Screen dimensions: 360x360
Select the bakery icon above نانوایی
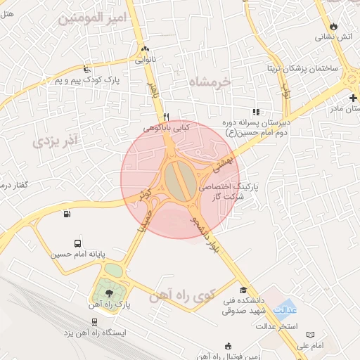[146, 49]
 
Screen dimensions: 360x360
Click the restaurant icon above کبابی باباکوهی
[166, 117]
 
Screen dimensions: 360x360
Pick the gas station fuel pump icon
[67, 214]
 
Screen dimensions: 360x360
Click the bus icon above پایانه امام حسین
[77, 241]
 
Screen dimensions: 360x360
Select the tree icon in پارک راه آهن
[108, 290]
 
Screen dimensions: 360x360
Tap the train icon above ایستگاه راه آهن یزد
[94, 322]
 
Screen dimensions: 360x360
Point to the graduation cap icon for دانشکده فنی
[243, 290]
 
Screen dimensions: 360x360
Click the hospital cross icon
[352, 96]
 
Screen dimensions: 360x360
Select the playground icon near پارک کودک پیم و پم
[86, 70]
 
